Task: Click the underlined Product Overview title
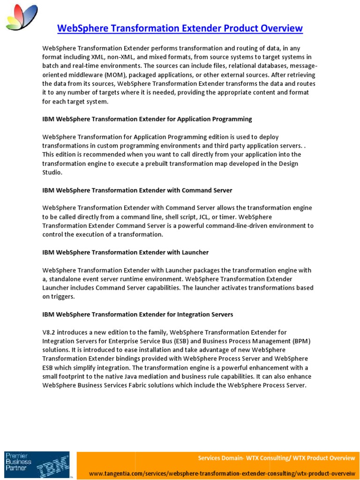180,29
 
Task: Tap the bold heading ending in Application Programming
147,119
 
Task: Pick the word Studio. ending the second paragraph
52,172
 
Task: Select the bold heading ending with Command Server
137,190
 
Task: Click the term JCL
213,217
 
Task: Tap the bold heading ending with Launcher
125,252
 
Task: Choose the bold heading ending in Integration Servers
137,315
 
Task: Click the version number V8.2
50,332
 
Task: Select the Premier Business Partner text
17,461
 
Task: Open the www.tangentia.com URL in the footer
222,473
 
